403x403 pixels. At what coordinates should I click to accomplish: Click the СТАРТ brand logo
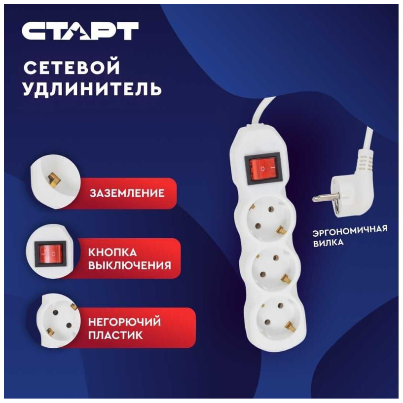click(x=79, y=31)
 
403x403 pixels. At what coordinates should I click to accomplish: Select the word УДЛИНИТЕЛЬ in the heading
click(x=92, y=89)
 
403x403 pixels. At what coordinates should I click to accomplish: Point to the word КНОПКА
click(x=112, y=252)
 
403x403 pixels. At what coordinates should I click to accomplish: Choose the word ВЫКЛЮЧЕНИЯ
click(x=130, y=265)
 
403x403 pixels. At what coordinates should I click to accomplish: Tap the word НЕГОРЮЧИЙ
click(x=124, y=322)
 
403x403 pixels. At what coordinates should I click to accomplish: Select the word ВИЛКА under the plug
click(x=328, y=243)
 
